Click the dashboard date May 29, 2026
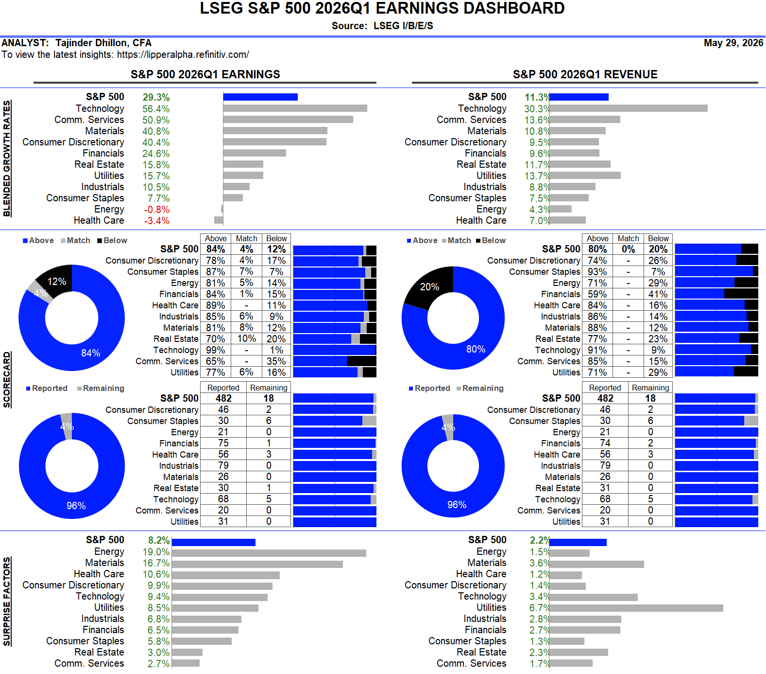click(733, 43)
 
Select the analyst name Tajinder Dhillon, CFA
click(103, 43)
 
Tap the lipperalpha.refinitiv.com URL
click(183, 54)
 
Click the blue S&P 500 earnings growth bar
click(260, 97)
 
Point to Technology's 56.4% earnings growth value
click(156, 109)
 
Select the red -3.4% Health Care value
click(157, 221)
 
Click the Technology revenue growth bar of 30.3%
click(629, 108)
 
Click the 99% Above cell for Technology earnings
click(216, 350)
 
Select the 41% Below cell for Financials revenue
click(658, 294)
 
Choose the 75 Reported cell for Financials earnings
click(223, 443)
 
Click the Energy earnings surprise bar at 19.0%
click(269, 553)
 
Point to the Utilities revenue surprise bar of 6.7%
click(636, 608)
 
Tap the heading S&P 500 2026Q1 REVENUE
click(585, 74)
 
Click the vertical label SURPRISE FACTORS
click(7, 602)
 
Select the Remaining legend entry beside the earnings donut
click(101, 388)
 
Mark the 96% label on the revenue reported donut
click(457, 505)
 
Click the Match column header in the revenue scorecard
click(629, 238)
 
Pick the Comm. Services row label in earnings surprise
click(89, 663)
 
